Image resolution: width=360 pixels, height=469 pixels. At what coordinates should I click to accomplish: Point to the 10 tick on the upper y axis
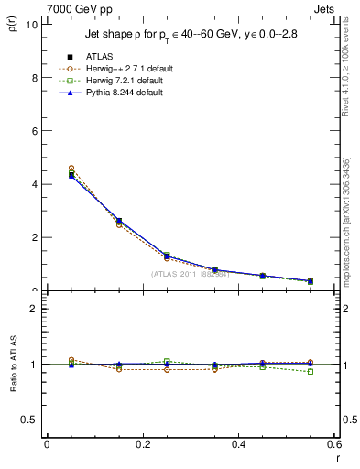click(x=32, y=25)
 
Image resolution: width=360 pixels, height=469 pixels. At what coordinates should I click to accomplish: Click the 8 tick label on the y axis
click(x=34, y=78)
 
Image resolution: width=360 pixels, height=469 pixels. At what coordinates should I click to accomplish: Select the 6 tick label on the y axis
click(x=34, y=131)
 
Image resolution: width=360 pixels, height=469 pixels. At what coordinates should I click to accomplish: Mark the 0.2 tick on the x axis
click(x=143, y=444)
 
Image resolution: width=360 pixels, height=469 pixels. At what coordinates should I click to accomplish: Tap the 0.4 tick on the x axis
click(x=239, y=444)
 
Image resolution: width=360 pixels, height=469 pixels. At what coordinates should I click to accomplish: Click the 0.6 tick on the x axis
click(x=334, y=444)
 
